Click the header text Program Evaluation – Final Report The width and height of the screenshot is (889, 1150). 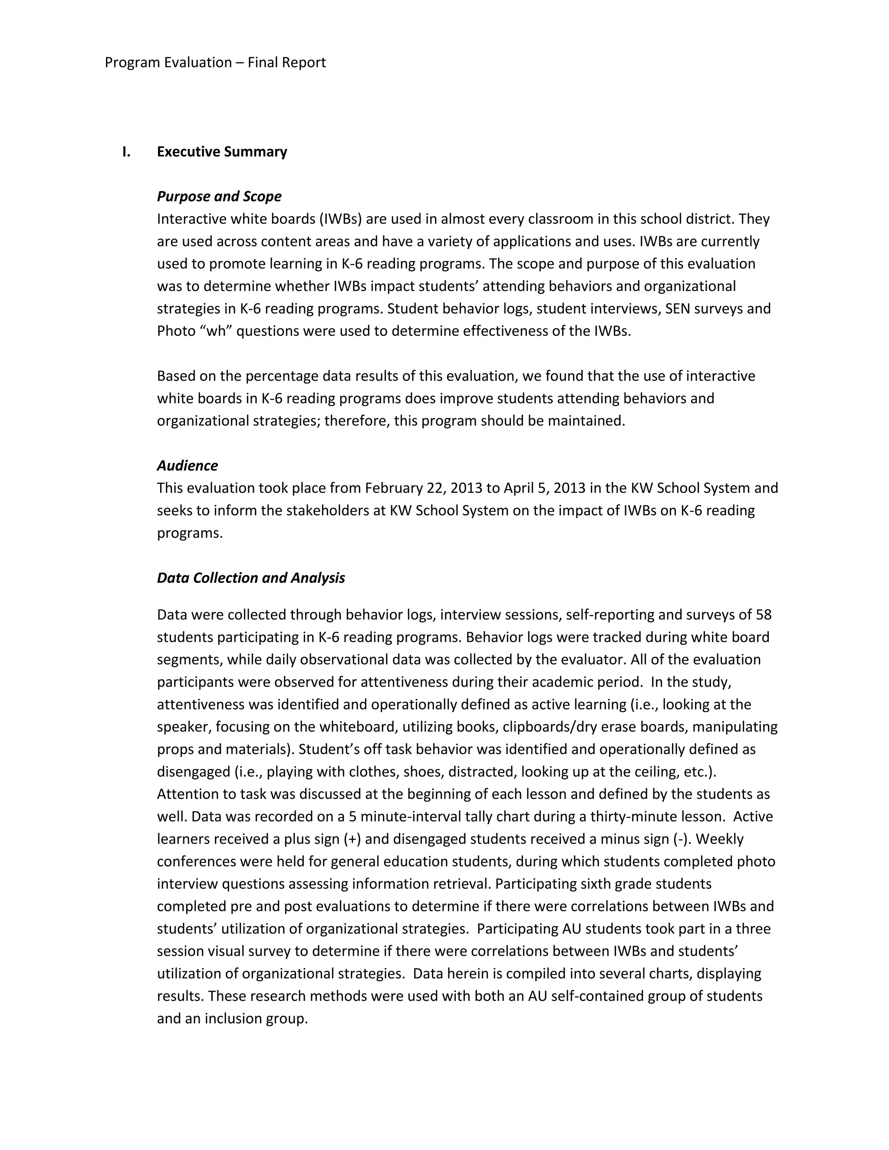215,62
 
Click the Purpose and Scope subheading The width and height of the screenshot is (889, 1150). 219,197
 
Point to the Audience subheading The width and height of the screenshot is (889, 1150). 187,466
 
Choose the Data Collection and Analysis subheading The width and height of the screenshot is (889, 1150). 251,578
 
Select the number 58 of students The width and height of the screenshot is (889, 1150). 763,614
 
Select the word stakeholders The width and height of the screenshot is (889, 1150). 328,511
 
